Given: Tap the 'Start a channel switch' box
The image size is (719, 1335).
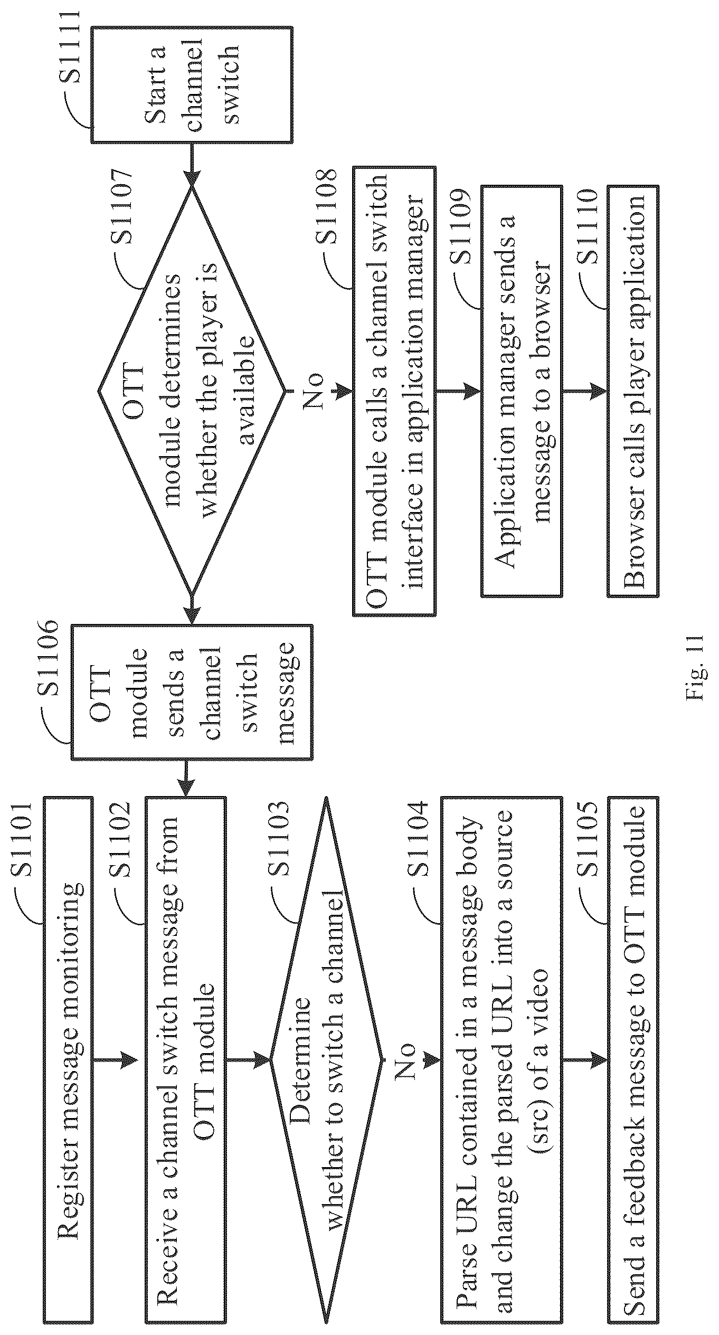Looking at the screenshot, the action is pos(192,85).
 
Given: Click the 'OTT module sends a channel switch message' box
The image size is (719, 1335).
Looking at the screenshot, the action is pos(192,692).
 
